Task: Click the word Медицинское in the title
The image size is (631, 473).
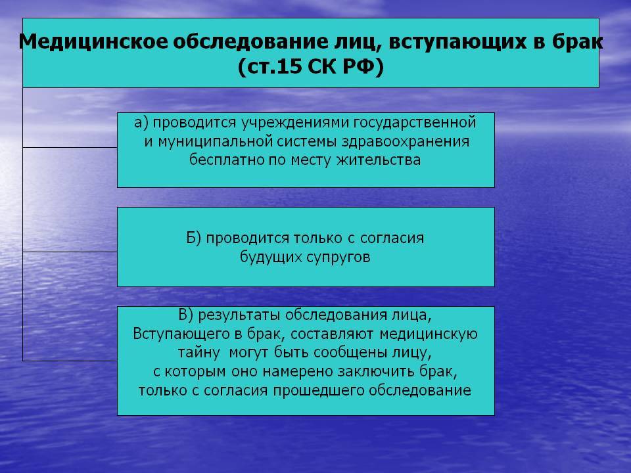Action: (x=93, y=42)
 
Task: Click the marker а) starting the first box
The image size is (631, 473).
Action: (x=141, y=122)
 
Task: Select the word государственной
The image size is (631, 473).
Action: (x=415, y=123)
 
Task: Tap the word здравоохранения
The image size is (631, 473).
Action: (x=406, y=142)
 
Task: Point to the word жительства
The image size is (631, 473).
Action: (x=379, y=160)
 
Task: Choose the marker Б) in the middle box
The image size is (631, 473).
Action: (x=193, y=238)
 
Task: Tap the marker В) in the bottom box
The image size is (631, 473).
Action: (x=185, y=315)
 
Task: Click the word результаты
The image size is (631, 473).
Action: (x=239, y=315)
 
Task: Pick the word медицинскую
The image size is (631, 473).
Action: (x=428, y=334)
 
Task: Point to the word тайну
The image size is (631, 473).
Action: (x=199, y=353)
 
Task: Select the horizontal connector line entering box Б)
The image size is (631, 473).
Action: (x=70, y=252)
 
